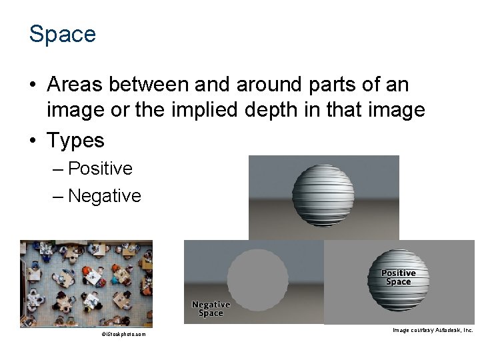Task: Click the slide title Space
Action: coord(63,34)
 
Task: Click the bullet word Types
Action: coord(75,140)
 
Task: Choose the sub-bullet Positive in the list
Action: coord(100,169)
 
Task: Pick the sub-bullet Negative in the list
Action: coord(105,196)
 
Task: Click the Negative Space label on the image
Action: coord(211,309)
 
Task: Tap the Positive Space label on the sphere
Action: coord(398,277)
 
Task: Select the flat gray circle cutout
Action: coord(257,281)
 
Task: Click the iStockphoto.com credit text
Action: coord(123,334)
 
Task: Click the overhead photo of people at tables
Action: coord(86,283)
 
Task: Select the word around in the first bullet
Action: coord(261,85)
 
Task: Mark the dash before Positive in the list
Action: coord(59,169)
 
